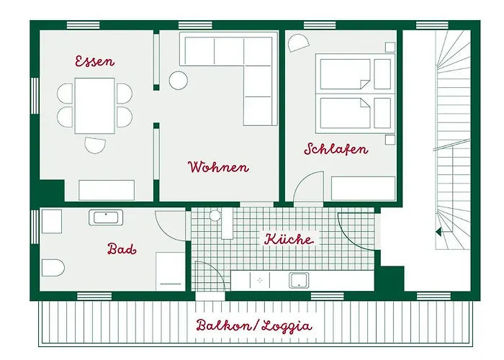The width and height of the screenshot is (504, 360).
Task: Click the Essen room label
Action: pos(94,61)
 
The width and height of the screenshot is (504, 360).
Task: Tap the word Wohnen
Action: pos(218,167)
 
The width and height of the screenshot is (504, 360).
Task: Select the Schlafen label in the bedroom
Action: pos(336,150)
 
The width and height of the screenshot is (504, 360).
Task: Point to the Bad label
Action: pos(122,249)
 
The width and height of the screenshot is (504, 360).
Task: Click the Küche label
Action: pos(289,239)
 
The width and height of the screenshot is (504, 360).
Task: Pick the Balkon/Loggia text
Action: pos(254,325)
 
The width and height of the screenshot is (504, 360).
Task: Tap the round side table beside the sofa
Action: pos(178,80)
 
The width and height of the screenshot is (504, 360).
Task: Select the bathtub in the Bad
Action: pos(107,217)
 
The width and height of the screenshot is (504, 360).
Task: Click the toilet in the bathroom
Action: pos(53,269)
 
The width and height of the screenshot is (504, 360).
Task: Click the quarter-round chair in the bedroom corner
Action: pos(296,44)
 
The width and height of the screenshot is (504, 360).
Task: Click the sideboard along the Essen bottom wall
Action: pos(106,190)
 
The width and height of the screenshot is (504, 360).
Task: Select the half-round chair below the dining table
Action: pos(95,145)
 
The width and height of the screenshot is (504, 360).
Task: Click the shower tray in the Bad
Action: pos(171,271)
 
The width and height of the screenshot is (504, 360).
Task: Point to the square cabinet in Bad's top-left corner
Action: pos(51,221)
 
